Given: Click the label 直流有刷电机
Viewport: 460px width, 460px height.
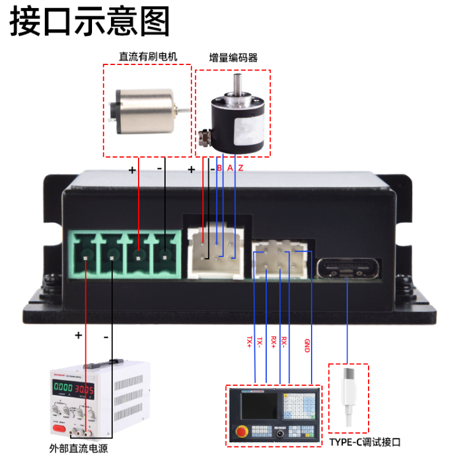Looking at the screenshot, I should (148, 56).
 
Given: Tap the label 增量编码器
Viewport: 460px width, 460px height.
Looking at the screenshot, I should (233, 58).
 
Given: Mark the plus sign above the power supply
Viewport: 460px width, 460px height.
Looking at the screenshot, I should (78, 335).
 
